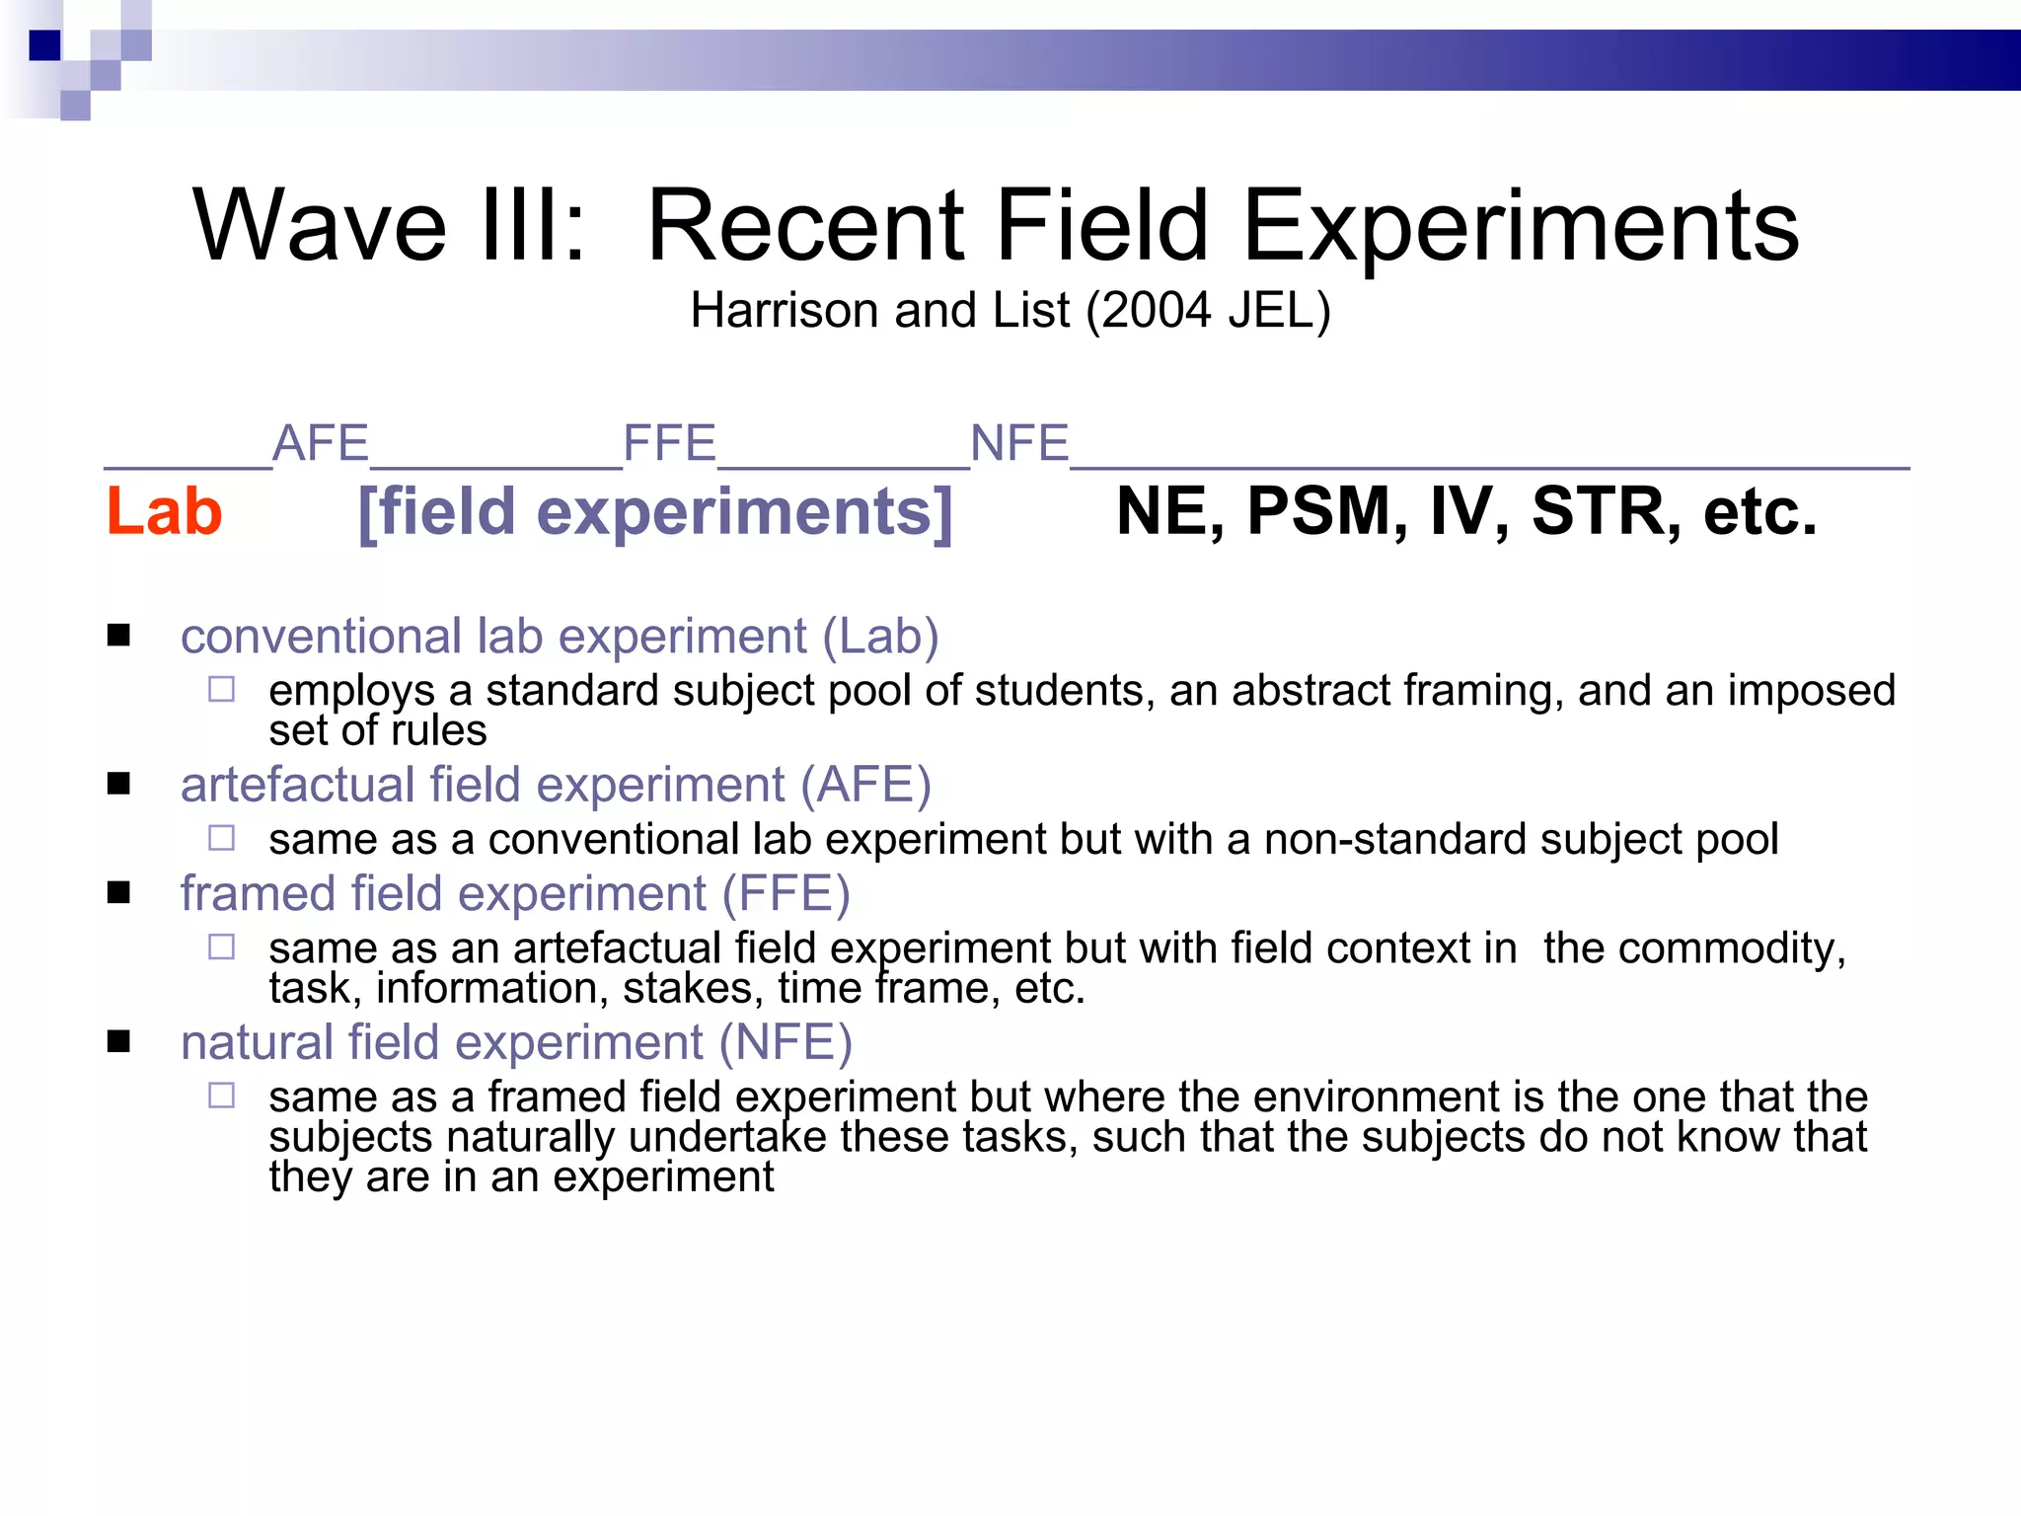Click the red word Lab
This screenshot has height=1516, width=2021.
[165, 512]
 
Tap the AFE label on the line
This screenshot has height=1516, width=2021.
[321, 443]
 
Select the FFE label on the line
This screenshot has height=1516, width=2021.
[670, 443]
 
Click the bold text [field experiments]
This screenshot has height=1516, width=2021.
[655, 512]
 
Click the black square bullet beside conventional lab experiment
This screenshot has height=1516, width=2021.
[119, 636]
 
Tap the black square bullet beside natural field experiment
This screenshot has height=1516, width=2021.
[119, 1042]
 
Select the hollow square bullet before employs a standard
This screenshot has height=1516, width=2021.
[222, 689]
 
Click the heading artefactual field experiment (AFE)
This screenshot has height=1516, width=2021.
[556, 786]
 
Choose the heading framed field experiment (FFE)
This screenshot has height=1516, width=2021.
[515, 894]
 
